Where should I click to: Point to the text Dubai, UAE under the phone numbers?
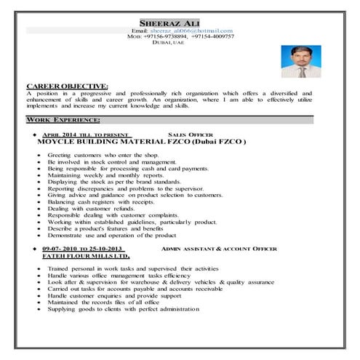pyautogui.click(x=169, y=43)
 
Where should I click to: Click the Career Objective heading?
pyautogui.click(x=67, y=87)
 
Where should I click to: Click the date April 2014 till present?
pyautogui.click(x=86, y=135)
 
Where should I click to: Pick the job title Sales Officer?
pyautogui.click(x=190, y=135)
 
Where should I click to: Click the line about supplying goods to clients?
pyautogui.click(x=123, y=309)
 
